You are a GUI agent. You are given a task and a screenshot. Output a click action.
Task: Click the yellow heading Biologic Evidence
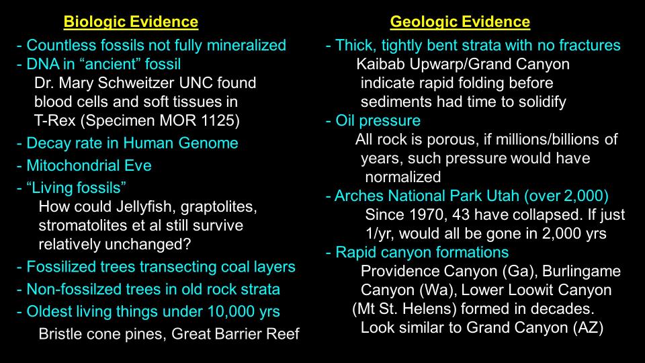click(x=131, y=22)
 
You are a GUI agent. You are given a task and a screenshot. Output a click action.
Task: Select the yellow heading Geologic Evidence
click(x=460, y=22)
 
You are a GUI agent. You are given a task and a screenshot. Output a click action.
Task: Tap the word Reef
click(x=283, y=333)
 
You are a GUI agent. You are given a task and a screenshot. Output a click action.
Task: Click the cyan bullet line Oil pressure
click(x=373, y=120)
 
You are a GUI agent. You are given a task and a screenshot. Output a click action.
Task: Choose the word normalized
click(x=402, y=177)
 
